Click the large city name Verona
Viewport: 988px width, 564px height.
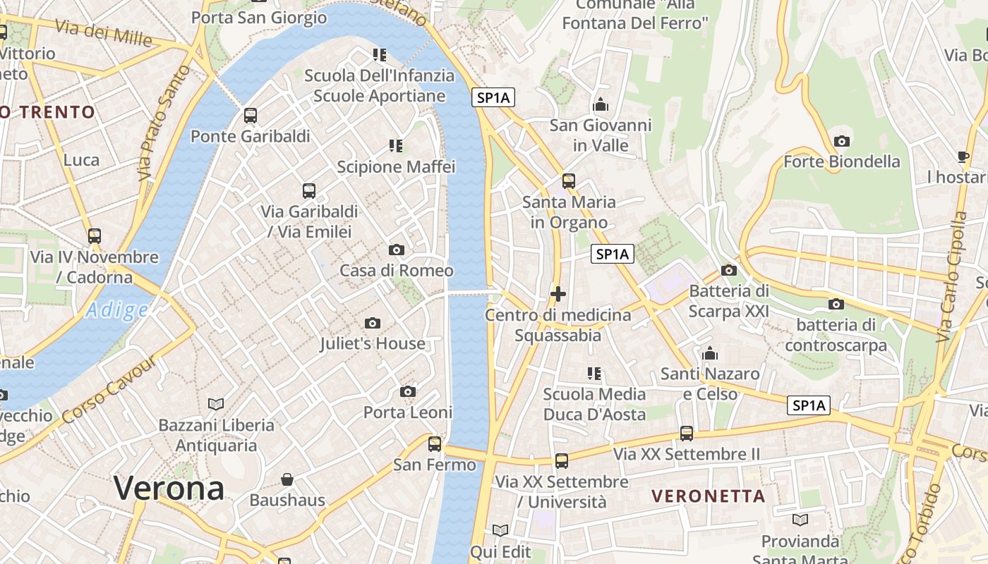click(x=169, y=488)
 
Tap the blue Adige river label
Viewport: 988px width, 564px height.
click(x=117, y=310)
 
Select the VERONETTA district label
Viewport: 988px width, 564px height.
click(x=708, y=496)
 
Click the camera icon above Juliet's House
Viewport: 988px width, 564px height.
click(x=373, y=323)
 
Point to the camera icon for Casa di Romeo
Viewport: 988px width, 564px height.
click(x=397, y=250)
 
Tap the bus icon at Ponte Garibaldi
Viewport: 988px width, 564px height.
click(x=251, y=116)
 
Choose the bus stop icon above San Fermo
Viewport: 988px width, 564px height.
click(x=435, y=443)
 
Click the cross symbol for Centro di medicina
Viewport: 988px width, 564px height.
click(x=558, y=293)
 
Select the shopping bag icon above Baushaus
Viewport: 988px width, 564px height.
click(x=287, y=479)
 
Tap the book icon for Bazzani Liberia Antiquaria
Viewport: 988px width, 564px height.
click(x=216, y=404)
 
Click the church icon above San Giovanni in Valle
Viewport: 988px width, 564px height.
click(x=601, y=105)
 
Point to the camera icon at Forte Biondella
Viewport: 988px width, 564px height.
click(x=841, y=141)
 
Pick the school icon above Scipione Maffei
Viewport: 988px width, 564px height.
click(x=396, y=146)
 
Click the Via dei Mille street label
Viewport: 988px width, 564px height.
click(x=103, y=31)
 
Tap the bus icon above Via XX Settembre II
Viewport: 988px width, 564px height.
click(x=687, y=433)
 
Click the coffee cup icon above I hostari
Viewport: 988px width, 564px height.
click(x=963, y=157)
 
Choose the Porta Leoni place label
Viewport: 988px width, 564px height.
click(x=407, y=412)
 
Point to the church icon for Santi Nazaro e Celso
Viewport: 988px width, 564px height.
click(x=710, y=353)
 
